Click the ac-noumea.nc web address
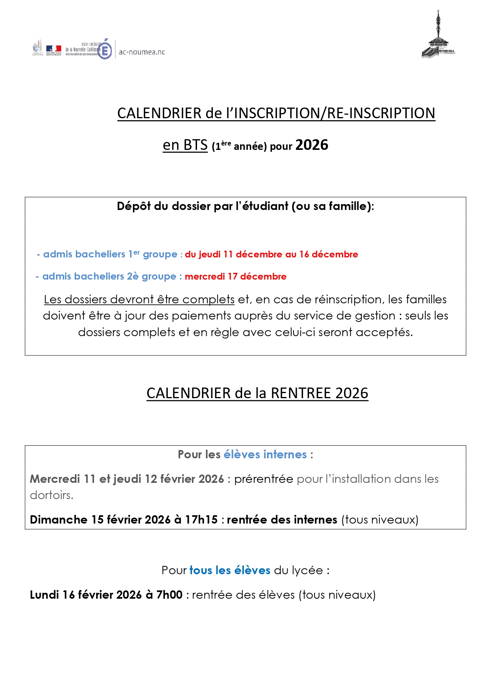click(x=142, y=52)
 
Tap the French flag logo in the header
click(x=53, y=49)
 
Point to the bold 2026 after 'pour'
click(x=312, y=145)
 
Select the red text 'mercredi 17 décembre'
click(x=235, y=276)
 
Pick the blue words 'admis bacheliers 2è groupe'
click(x=109, y=276)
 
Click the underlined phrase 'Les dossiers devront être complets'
click(x=139, y=299)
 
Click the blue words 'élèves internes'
click(x=265, y=454)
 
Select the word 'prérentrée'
click(x=264, y=479)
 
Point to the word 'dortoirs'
click(x=51, y=495)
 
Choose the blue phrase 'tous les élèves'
click(x=230, y=570)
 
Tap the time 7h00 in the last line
click(x=169, y=595)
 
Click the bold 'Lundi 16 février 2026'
click(x=86, y=595)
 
